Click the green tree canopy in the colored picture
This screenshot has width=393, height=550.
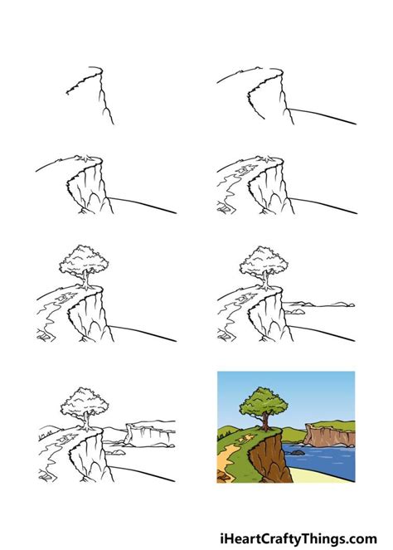[x=264, y=406]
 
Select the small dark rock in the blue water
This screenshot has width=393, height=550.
[x=298, y=451]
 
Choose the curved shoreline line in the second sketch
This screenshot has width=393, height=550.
[x=323, y=115]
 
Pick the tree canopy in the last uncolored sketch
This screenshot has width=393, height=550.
[x=84, y=402]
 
